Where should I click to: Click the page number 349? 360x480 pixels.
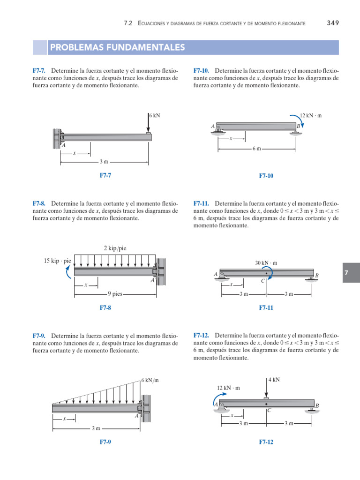[332, 22]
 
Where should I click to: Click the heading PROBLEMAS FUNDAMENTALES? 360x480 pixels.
[117, 48]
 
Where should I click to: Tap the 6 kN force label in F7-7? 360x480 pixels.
[155, 115]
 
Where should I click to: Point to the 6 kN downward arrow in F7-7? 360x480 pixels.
[148, 124]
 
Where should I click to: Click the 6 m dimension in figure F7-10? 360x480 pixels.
[256, 149]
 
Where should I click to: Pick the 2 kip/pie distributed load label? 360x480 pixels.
[115, 248]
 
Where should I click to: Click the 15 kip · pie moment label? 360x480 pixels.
[57, 260]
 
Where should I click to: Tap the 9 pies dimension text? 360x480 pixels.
[115, 294]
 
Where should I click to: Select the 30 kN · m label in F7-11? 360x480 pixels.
[266, 263]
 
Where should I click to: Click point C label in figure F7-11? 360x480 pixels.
[263, 281]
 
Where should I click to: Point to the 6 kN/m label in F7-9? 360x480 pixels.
[150, 380]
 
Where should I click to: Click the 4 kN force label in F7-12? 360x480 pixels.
[274, 380]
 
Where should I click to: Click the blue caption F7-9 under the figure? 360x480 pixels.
[105, 442]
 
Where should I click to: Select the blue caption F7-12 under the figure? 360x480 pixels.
[266, 442]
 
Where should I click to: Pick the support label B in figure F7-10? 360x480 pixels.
[299, 127]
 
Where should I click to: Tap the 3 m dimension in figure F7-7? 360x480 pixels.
[104, 162]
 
